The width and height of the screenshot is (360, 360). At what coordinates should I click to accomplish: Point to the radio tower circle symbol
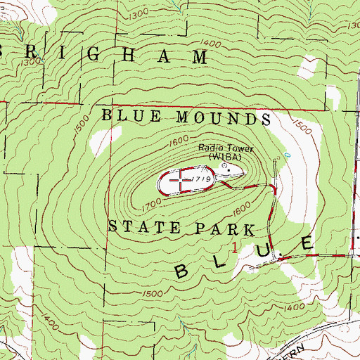click(225, 167)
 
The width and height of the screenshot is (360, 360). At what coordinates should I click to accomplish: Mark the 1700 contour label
click(150, 205)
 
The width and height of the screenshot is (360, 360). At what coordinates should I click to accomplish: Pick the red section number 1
click(234, 247)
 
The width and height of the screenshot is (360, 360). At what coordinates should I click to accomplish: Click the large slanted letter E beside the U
click(307, 244)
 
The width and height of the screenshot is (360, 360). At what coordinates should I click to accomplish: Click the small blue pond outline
click(287, 154)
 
